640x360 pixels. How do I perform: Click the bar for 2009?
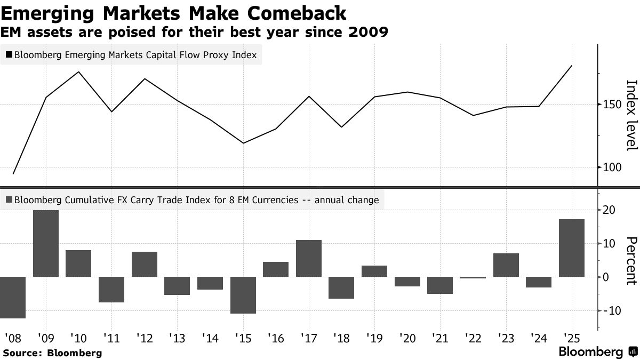[x=45, y=243]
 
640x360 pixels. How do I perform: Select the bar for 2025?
[x=572, y=248]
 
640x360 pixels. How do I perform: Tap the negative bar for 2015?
[x=243, y=295]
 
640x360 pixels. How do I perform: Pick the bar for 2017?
[x=309, y=259]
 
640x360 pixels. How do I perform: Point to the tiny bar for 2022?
[x=474, y=277]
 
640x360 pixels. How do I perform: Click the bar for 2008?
[x=13, y=297]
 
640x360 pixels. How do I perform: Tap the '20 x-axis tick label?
[x=407, y=338]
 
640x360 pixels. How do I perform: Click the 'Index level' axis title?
[x=631, y=115]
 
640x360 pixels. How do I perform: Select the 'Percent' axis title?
[x=631, y=261]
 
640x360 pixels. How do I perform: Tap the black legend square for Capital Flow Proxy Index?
[x=9, y=54]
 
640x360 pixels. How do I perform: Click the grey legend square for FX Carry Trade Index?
[x=9, y=201]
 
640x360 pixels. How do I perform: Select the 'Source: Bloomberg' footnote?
[x=52, y=353]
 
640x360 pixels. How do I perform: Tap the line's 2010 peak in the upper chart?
[x=79, y=72]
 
